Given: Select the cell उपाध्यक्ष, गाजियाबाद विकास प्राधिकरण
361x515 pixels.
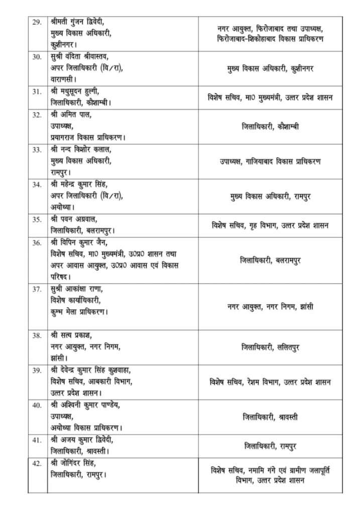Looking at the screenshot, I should [270, 161].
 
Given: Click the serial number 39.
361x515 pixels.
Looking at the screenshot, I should [37, 370].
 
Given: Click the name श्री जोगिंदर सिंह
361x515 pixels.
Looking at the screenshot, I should [77, 463].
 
